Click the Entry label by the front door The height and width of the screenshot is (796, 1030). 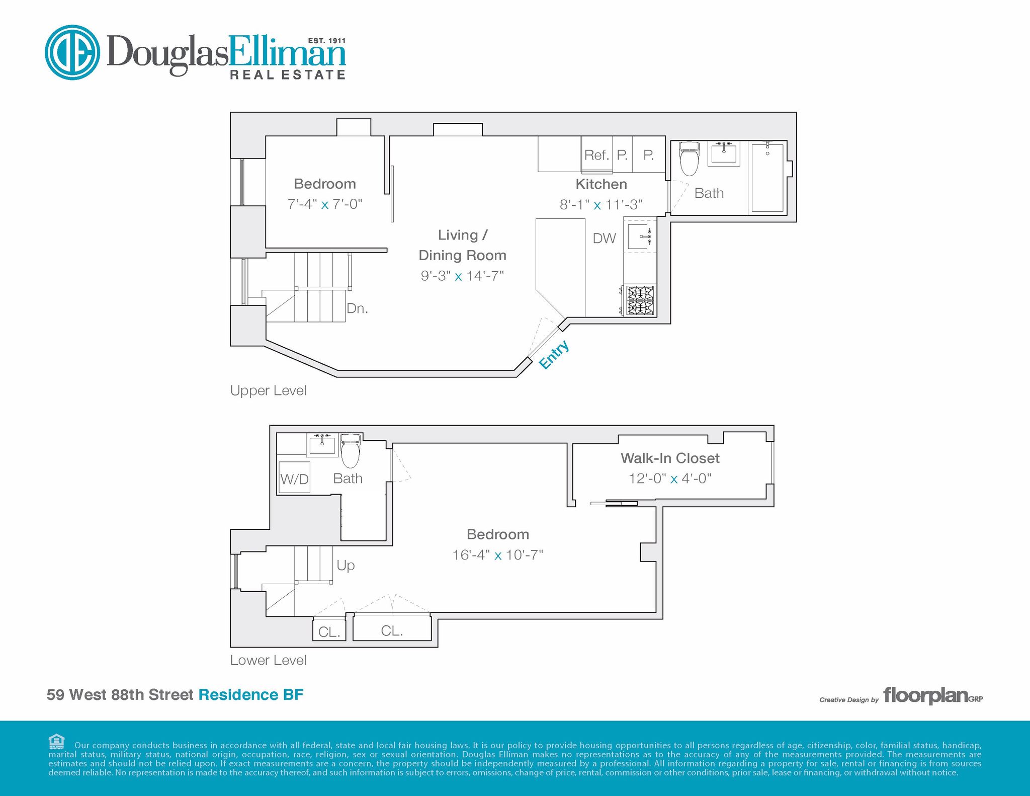554,354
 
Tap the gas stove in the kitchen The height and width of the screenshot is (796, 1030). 640,300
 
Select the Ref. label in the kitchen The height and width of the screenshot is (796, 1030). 596,155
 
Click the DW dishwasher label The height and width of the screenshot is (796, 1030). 604,238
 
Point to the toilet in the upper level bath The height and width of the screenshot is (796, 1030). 689,158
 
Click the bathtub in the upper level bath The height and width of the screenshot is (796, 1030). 767,178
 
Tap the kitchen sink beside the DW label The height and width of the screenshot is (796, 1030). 640,236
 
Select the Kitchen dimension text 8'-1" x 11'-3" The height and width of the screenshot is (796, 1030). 601,205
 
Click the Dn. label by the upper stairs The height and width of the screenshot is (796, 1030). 358,308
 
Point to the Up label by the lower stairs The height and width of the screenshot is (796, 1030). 346,566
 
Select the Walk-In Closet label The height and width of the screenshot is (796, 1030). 670,458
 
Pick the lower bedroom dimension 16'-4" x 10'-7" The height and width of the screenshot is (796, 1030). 498,555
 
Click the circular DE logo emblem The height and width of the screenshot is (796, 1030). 72,52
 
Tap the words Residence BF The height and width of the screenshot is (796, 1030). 251,695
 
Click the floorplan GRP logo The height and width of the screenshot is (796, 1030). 933,696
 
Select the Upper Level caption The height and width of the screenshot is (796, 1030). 268,391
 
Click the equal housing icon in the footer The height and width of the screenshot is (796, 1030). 56,742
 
